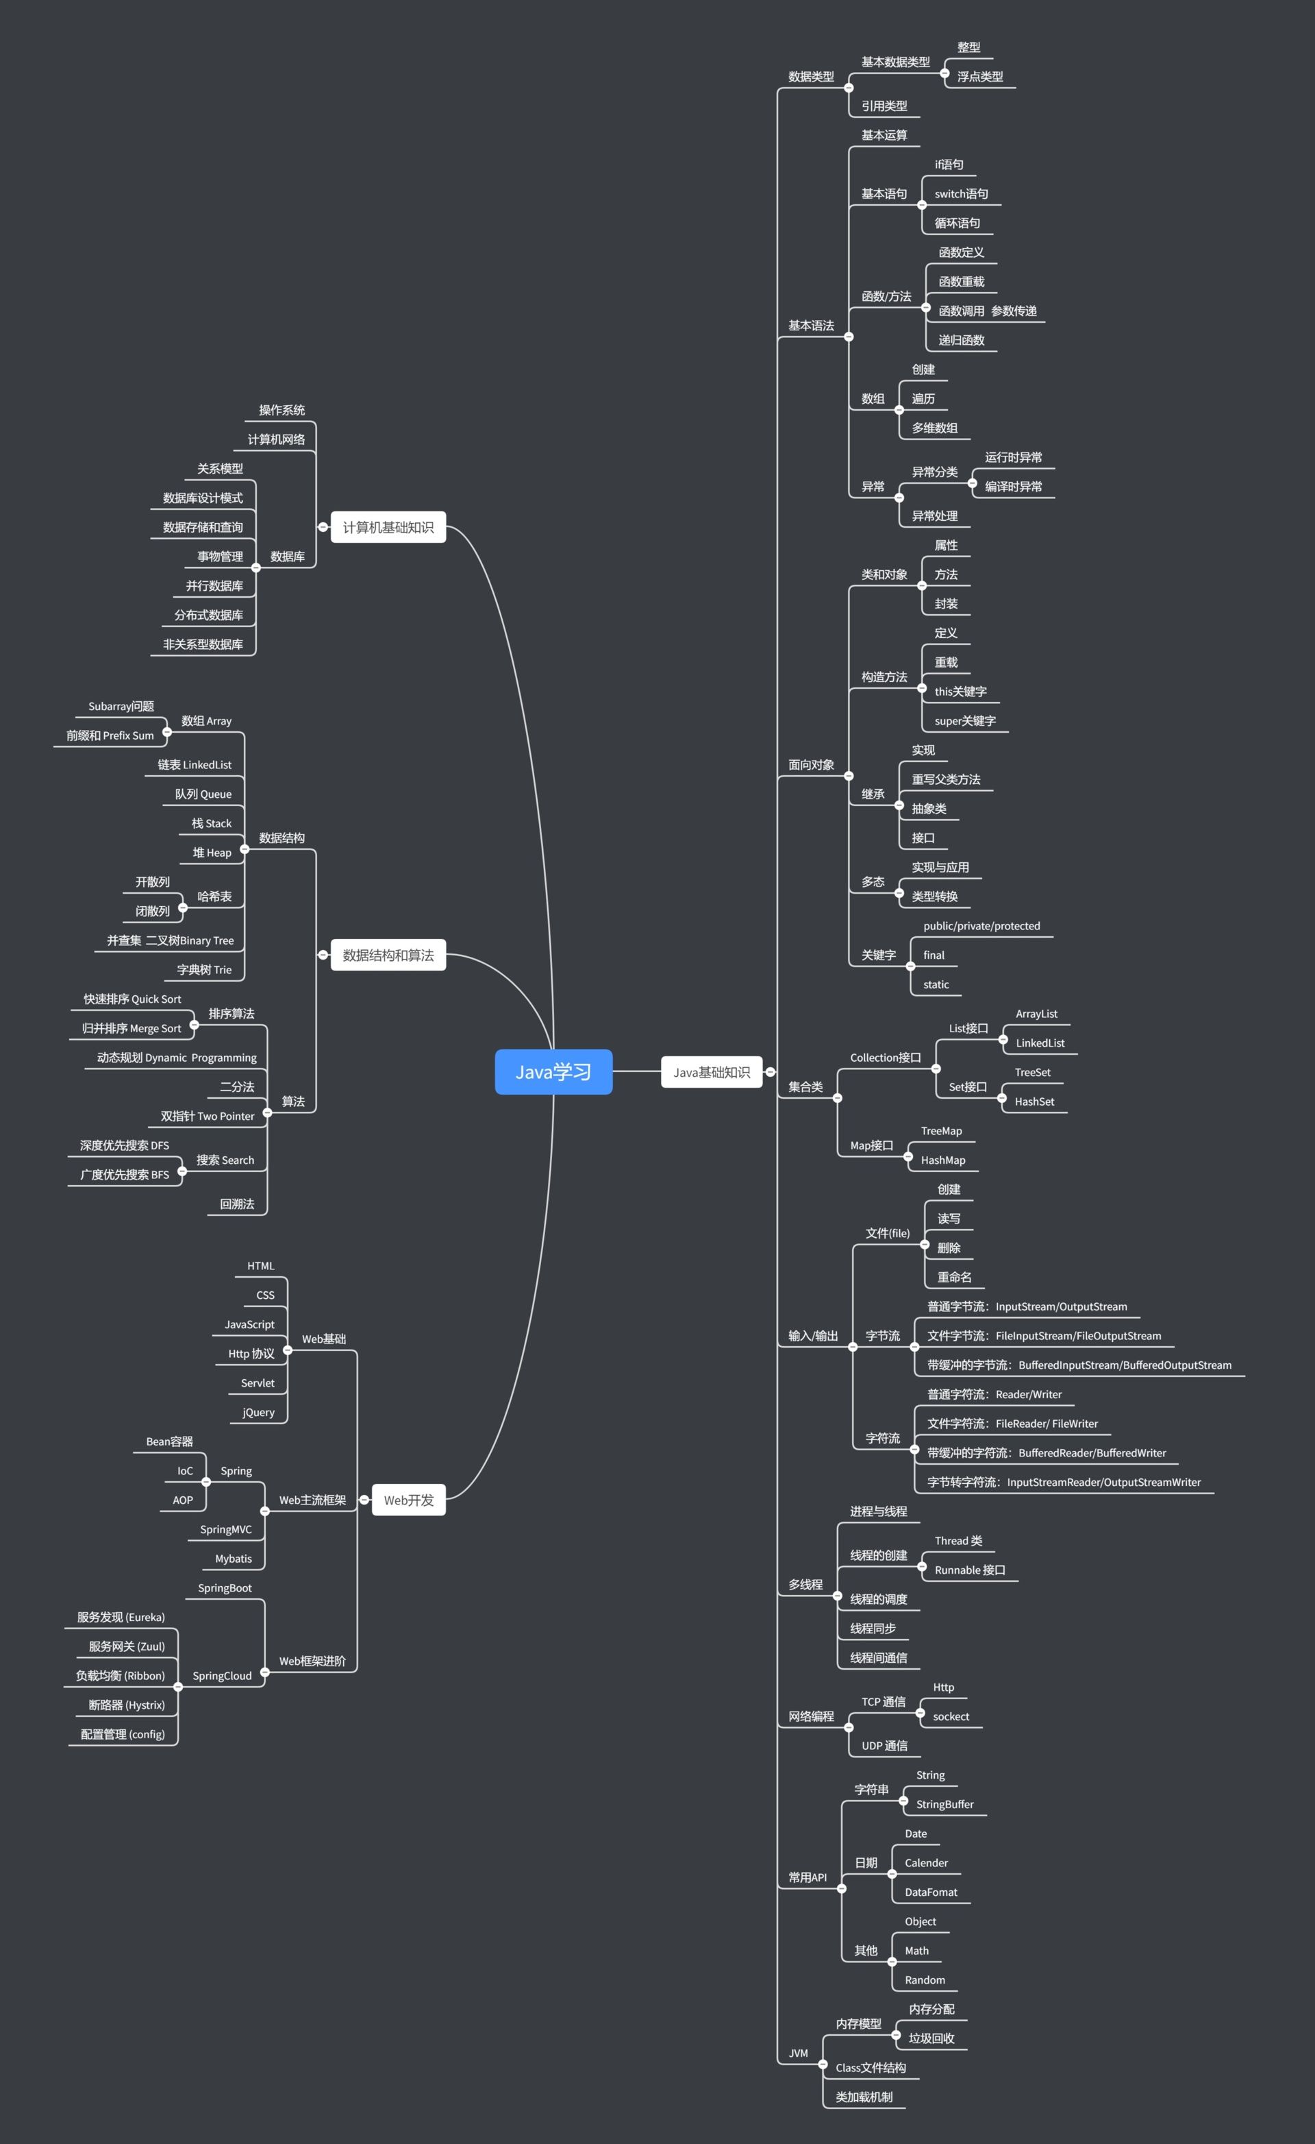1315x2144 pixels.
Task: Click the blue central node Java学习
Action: (553, 1071)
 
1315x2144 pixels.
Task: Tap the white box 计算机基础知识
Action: (388, 526)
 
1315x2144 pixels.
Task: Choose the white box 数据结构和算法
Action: (388, 955)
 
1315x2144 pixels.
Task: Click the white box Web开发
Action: (408, 1499)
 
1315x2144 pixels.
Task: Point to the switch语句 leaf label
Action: (960, 193)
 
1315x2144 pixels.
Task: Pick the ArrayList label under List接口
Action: (1036, 1013)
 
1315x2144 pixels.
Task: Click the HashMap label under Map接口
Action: (943, 1159)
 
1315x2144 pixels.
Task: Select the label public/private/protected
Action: (981, 925)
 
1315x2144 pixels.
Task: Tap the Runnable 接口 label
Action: (969, 1569)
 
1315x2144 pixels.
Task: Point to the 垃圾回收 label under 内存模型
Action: (931, 2037)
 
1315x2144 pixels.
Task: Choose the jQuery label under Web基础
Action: (258, 1411)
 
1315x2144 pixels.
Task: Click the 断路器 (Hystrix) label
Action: (126, 1704)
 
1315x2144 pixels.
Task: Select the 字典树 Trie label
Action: (203, 969)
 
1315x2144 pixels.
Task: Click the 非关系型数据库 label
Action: (203, 643)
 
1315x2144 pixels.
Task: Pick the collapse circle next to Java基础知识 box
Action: (770, 1072)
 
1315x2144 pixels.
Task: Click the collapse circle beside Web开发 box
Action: (364, 1499)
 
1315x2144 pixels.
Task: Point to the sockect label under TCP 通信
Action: (950, 1716)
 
